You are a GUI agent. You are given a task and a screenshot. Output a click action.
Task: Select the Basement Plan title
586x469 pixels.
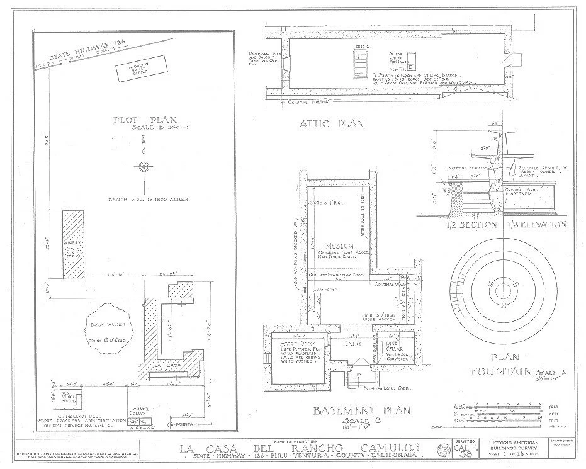coord(362,411)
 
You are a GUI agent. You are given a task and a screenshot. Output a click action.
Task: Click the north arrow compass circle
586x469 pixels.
coord(145,167)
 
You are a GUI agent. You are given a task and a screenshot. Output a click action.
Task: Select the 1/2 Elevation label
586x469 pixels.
coord(539,225)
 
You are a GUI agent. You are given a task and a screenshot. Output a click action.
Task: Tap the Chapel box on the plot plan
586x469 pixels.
coord(140,421)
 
